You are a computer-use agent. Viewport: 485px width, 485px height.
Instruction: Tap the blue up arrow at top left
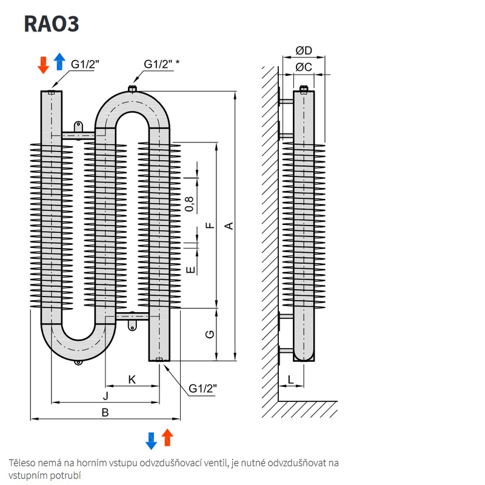click(x=59, y=62)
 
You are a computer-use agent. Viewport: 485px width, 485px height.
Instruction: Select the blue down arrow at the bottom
click(x=152, y=440)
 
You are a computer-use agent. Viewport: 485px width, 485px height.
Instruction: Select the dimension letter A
click(x=229, y=226)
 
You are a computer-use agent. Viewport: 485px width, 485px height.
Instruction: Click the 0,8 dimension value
click(x=190, y=204)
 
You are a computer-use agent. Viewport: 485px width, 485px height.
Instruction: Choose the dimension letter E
click(x=190, y=269)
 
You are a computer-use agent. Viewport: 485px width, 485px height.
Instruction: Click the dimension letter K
click(x=132, y=380)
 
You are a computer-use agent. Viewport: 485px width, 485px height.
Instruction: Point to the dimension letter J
click(x=105, y=396)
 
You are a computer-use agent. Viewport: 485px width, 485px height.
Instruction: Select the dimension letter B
click(x=105, y=412)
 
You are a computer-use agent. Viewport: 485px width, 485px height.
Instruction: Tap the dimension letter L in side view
click(x=291, y=380)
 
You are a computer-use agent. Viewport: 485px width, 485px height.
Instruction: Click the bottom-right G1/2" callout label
click(x=202, y=388)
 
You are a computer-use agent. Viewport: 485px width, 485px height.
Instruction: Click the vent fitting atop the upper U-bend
click(x=132, y=90)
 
